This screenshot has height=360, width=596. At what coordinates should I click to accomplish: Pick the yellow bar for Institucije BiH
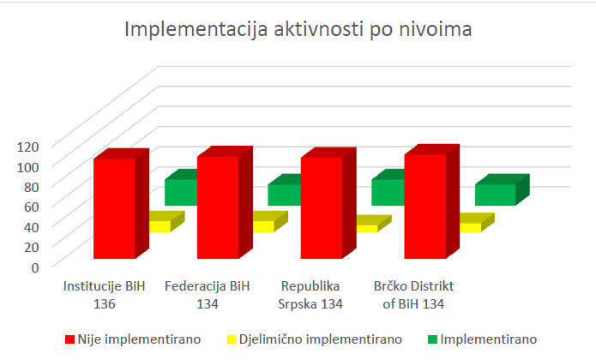click(160, 226)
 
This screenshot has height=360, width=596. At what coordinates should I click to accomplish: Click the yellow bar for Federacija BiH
click(264, 226)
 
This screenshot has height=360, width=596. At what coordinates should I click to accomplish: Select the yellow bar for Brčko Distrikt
click(471, 227)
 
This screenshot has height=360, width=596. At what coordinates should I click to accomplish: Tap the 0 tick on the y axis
click(35, 267)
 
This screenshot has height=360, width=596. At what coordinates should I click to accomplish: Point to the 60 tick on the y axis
click(31, 206)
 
